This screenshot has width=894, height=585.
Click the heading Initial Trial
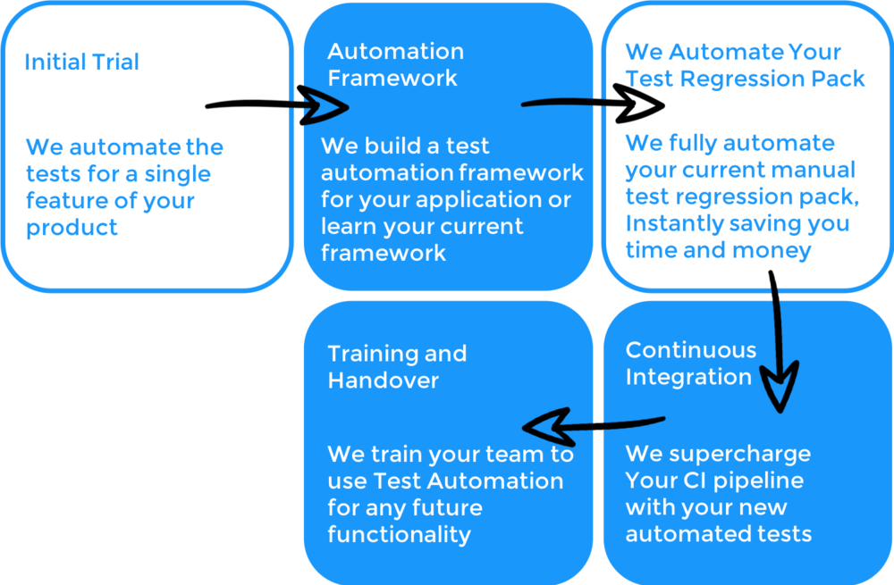click(x=81, y=63)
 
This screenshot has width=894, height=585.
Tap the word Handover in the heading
click(x=383, y=380)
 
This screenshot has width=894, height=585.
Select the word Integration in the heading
click(x=688, y=377)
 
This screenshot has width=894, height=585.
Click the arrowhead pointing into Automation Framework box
click(x=325, y=107)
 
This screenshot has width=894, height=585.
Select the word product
click(x=72, y=228)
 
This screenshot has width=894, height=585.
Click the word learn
click(x=350, y=226)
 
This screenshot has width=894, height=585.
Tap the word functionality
click(x=399, y=535)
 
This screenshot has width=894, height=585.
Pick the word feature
click(x=66, y=201)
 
